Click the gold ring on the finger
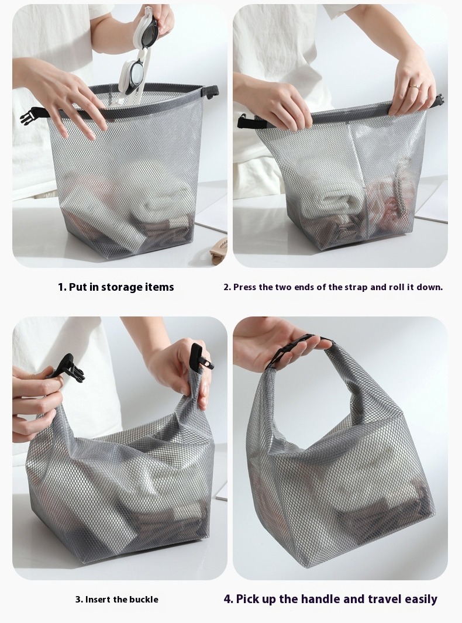(414, 85)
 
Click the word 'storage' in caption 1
(122, 287)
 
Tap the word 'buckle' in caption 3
(144, 600)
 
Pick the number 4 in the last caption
(227, 599)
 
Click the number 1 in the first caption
(61, 287)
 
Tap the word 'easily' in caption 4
(421, 600)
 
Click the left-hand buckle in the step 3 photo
(70, 369)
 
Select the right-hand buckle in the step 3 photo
(201, 357)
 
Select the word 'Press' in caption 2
(244, 287)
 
